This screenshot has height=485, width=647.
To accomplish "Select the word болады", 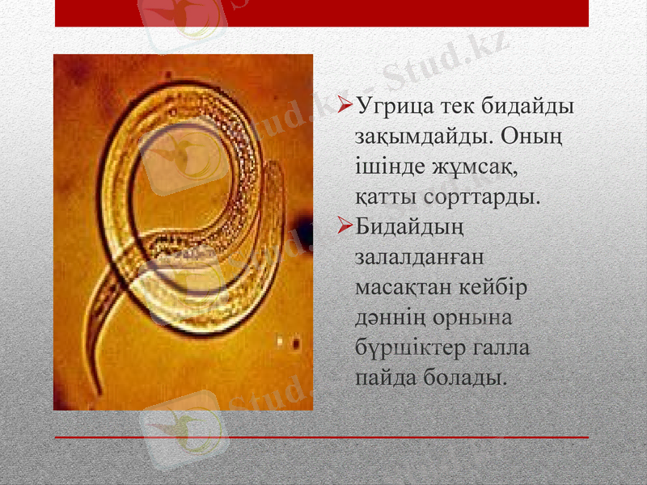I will (x=464, y=377).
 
